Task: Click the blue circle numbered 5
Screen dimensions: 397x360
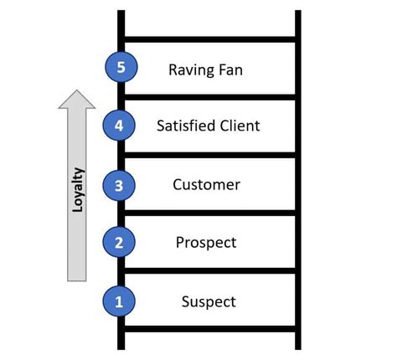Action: (x=121, y=67)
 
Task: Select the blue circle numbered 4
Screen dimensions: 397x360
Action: (x=119, y=126)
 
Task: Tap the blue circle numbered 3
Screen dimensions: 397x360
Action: (x=119, y=186)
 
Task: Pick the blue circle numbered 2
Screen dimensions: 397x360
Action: (x=119, y=242)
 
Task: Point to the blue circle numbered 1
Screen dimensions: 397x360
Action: (x=119, y=301)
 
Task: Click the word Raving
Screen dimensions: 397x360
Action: (x=191, y=70)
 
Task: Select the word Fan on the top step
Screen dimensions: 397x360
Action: (x=230, y=69)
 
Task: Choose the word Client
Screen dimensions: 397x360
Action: (x=240, y=126)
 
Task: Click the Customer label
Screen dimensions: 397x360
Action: (x=206, y=185)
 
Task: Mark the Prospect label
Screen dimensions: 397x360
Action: (x=206, y=243)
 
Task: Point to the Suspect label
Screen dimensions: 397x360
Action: (x=209, y=302)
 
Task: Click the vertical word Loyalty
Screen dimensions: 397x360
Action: (x=78, y=190)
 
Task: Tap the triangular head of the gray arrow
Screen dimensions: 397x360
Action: (x=77, y=99)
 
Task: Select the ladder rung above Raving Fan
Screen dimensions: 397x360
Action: (x=209, y=39)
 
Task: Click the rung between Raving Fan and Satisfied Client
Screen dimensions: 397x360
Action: (x=209, y=97)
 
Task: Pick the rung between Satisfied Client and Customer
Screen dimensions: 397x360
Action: (x=209, y=155)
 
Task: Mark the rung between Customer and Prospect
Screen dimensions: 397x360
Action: (x=209, y=213)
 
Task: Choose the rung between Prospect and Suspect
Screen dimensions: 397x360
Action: (x=209, y=270)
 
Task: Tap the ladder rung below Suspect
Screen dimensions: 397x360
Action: (x=209, y=329)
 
